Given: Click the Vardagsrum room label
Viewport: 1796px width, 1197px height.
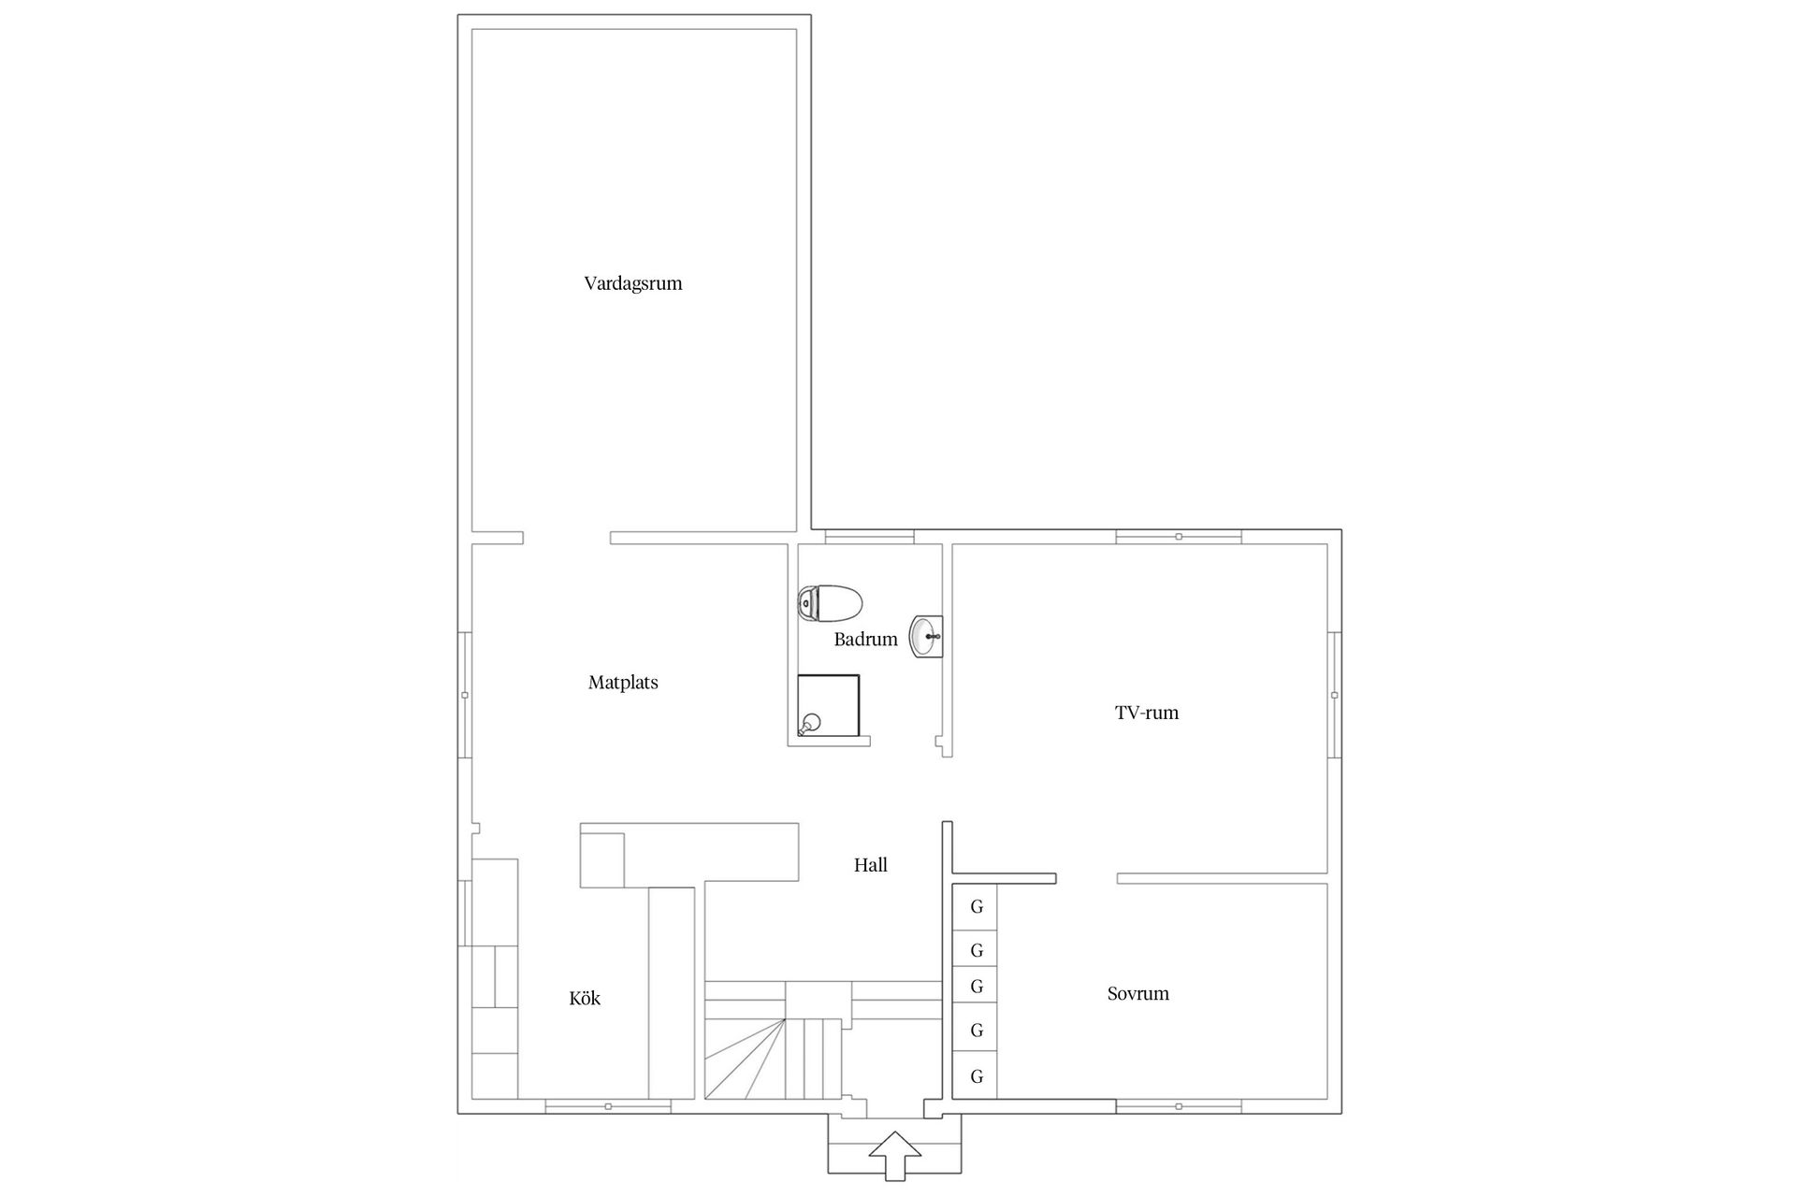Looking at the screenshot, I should point(633,283).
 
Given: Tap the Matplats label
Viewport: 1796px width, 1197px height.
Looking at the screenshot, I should point(623,683).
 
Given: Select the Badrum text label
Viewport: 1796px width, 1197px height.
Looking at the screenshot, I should point(865,640).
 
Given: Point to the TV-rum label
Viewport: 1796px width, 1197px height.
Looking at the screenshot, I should point(1147,713).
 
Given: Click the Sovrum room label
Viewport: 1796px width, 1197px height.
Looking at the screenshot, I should point(1138,994).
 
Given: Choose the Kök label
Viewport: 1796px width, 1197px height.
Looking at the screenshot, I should point(585,999).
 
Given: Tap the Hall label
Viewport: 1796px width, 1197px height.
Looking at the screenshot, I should point(870,866).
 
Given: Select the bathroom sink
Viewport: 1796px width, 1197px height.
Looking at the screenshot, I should point(927,637).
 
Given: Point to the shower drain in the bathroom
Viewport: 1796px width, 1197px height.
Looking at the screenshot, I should point(811,721).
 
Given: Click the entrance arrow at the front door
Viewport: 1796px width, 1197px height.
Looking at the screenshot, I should point(894,1156).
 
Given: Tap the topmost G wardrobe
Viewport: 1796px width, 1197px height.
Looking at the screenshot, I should point(977,907).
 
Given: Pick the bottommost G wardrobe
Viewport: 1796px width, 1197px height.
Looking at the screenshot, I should point(977,1076).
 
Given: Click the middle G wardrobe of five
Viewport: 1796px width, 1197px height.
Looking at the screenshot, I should point(977,987).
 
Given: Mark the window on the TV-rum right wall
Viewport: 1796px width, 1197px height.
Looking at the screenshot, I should point(1335,695).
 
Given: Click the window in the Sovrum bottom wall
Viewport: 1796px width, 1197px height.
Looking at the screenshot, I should point(1179,1107).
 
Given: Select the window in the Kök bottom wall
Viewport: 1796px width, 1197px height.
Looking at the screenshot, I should point(608,1107).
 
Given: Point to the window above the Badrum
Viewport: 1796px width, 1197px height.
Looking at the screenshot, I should point(869,537).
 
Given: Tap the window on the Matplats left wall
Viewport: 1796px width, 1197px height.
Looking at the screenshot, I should point(465,695).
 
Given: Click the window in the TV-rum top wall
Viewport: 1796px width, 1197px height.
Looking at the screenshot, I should point(1179,537).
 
